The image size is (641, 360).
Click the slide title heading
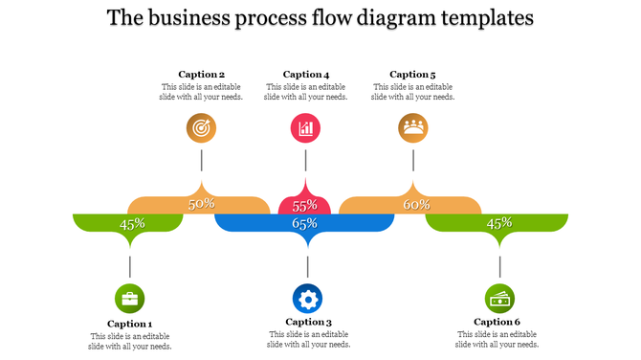(320, 18)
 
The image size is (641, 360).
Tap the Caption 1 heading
(130, 324)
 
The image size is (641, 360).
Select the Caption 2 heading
(202, 74)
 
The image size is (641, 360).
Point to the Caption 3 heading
(308, 322)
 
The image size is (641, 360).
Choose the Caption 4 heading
(306, 74)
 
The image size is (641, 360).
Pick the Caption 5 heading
(413, 74)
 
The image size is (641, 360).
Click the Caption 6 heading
(497, 322)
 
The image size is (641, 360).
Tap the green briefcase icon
(130, 298)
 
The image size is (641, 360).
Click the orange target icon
(202, 127)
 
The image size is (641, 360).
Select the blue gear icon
(307, 299)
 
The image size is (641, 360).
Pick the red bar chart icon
(306, 127)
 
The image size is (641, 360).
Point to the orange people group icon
(413, 127)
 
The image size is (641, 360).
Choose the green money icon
(499, 299)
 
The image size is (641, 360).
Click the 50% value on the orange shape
(201, 204)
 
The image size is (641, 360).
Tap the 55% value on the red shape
(304, 206)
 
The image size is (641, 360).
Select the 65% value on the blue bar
(304, 223)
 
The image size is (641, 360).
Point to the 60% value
(416, 204)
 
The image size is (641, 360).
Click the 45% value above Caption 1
(132, 223)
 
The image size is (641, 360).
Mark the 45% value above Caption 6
(499, 223)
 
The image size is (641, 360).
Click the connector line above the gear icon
(307, 265)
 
